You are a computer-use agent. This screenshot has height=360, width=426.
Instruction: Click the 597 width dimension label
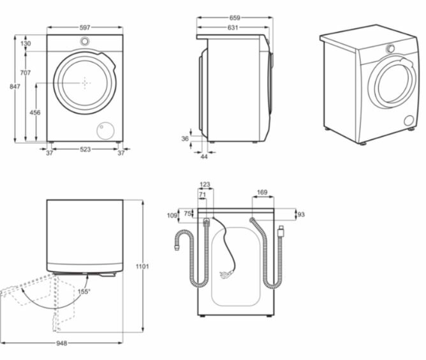point(85,27)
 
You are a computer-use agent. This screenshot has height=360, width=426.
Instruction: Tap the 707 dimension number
point(25,73)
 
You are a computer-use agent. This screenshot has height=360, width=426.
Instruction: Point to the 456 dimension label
point(35,113)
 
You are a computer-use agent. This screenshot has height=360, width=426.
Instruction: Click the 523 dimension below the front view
point(85,150)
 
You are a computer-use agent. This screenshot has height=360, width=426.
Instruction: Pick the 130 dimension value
point(26,43)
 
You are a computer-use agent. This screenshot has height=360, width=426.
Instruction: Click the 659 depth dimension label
point(235,18)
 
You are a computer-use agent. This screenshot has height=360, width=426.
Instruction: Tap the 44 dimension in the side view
point(204,156)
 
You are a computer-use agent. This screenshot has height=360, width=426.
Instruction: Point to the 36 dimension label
point(185,138)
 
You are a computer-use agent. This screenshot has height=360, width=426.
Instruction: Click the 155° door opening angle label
point(84,292)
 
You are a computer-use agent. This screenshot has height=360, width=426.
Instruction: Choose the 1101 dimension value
point(142,266)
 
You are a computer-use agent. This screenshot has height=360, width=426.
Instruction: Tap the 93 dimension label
point(302,214)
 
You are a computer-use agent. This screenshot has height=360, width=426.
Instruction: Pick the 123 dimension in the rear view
point(205,185)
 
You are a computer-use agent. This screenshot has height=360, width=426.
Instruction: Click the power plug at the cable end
point(224,275)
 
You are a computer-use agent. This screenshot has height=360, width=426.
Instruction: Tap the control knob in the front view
point(85,41)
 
